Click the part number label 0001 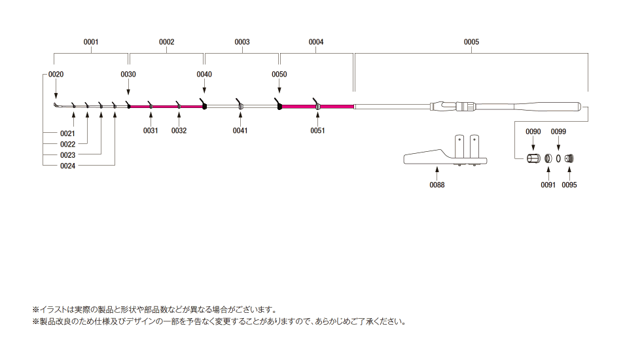pos(91,42)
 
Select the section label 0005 pos(471,42)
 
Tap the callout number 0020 pos(56,75)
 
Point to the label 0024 pos(67,166)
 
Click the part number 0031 pos(151,130)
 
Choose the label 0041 pos(240,130)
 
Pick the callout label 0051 pos(317,130)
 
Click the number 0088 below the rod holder pos(437,185)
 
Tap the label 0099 pos(558,132)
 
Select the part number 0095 pos(569,185)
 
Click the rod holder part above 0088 pos(446,156)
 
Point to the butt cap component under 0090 pos(533,158)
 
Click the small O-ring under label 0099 pos(559,158)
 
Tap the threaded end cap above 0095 pos(569,158)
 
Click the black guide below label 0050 pos(279,104)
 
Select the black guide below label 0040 pos(204,105)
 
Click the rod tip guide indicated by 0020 pos(56,105)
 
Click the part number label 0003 pos(242,42)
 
